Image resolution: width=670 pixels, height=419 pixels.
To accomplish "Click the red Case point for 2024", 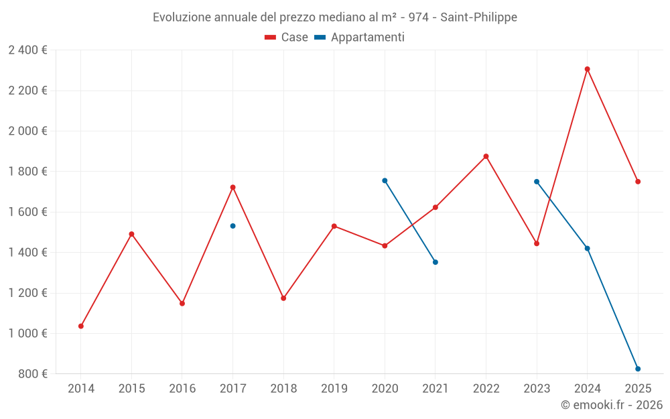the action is point(587,69).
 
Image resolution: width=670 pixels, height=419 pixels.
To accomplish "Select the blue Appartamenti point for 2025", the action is point(638,369).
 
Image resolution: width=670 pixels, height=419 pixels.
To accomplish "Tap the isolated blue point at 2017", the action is point(233,226).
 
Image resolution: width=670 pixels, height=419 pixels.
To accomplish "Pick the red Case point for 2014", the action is point(81,326).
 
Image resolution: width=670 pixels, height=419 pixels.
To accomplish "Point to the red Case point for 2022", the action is point(486,156).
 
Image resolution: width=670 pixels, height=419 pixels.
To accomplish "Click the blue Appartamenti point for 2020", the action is point(385,181).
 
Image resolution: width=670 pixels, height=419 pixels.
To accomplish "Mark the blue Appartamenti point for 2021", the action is point(435,262).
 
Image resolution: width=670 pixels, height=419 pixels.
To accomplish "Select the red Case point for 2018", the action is point(283,298).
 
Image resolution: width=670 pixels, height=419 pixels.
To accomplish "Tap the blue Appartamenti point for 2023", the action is point(537,182).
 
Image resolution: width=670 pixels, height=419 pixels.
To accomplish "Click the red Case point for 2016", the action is point(182,304).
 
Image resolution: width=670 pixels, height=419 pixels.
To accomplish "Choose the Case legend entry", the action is point(286,37).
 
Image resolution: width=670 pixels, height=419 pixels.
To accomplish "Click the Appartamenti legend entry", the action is point(359,37).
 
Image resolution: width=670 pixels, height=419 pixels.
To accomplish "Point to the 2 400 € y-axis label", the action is point(27,50).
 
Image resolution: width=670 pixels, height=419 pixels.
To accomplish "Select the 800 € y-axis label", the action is point(32,373).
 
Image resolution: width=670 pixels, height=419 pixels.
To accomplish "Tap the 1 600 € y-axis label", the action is point(27,212).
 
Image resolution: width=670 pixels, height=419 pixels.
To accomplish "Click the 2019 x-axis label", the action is point(334,388).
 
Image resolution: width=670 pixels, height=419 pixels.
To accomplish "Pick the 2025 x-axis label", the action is point(638,388).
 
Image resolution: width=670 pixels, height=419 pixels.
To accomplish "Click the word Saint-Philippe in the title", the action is point(478,17).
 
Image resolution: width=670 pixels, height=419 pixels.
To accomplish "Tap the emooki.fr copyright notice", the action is point(612,404).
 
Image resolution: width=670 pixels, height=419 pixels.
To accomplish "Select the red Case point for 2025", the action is point(638,182).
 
